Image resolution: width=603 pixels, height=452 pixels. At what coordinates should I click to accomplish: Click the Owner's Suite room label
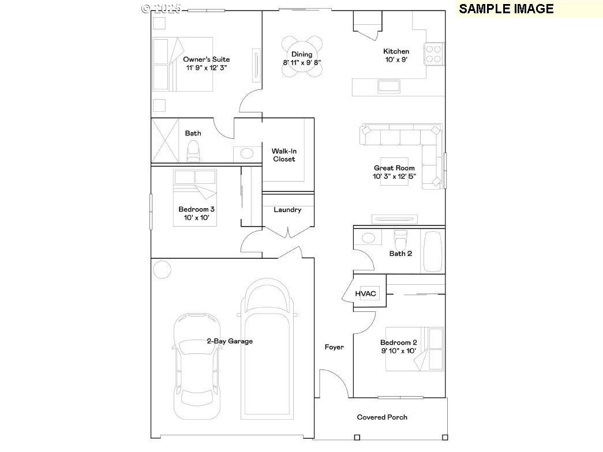[206, 59]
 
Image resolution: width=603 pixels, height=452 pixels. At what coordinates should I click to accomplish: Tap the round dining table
[302, 56]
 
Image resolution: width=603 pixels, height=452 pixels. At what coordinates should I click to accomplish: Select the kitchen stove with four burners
[433, 54]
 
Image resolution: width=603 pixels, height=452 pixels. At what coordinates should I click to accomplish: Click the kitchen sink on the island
[387, 86]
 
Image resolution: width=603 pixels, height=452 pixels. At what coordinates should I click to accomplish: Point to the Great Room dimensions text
[394, 176]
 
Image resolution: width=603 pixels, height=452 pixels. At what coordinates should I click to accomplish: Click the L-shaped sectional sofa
[404, 138]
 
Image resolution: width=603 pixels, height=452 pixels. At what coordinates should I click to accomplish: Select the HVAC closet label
[365, 293]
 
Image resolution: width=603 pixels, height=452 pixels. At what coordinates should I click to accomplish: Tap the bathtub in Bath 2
[433, 251]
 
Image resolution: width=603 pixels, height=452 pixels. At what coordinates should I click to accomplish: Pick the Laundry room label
[287, 210]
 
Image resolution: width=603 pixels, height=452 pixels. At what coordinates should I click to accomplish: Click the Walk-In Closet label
[283, 155]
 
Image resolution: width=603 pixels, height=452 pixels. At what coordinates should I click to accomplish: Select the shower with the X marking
[166, 141]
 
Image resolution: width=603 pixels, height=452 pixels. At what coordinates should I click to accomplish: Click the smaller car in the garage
[196, 364]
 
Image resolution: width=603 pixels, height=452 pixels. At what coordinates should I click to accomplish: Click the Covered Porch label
[382, 417]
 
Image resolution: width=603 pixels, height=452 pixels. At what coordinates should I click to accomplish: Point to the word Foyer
[334, 347]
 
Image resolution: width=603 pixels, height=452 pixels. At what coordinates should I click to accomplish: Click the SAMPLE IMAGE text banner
[506, 9]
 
